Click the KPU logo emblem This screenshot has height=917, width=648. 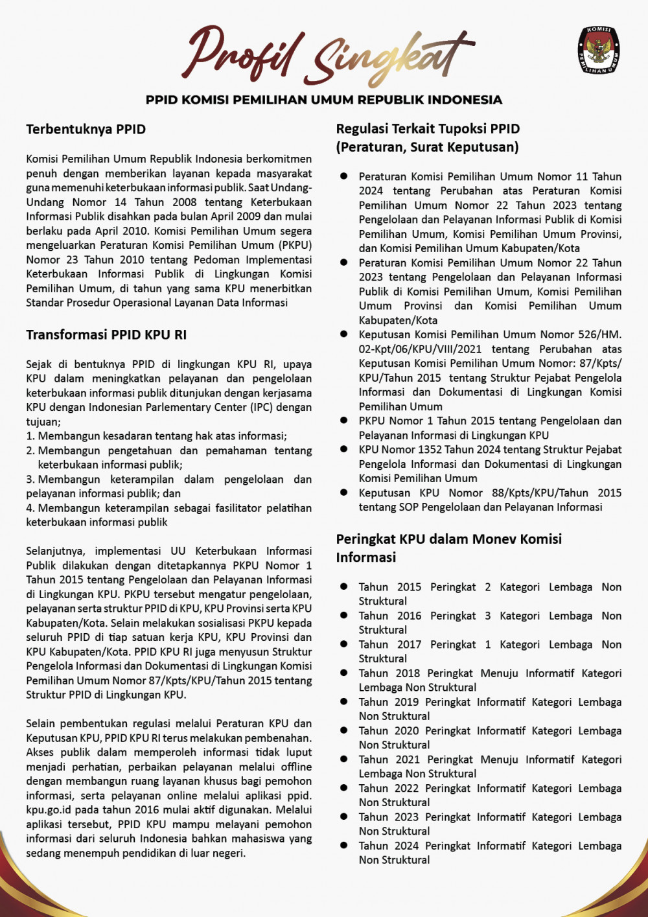click(598, 50)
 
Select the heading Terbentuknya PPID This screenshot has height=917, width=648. click(86, 129)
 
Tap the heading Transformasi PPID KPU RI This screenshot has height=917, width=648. click(106, 334)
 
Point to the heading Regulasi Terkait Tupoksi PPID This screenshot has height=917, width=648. click(428, 128)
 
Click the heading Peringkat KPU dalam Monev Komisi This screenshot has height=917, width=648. click(448, 539)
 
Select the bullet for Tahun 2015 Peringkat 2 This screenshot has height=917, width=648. click(344, 586)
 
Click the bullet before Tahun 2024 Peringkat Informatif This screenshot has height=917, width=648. click(344, 845)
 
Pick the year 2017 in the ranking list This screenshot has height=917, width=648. click(409, 644)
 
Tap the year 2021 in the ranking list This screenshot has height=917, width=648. click(409, 759)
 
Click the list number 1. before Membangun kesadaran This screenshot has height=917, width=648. click(30, 436)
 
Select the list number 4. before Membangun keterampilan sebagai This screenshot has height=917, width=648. click(30, 508)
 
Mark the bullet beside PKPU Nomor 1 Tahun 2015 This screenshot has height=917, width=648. click(344, 421)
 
